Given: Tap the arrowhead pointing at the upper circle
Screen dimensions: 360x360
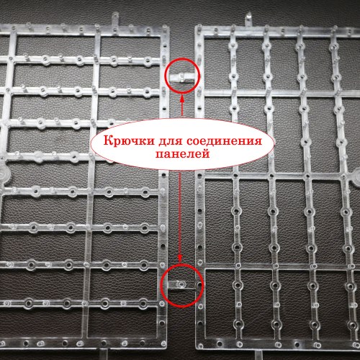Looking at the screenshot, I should pyautogui.click(x=181, y=94).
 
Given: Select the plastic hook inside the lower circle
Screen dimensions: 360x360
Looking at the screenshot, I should pyautogui.click(x=180, y=286).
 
